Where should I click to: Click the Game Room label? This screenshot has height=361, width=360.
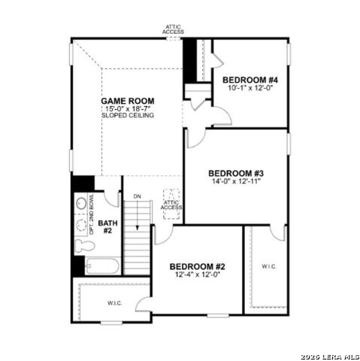point(129,100)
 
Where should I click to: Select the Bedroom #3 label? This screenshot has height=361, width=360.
point(234,173)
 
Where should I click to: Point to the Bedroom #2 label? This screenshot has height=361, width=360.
point(197,266)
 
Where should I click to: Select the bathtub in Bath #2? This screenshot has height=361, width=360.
point(101,265)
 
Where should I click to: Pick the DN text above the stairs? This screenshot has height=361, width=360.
point(137,197)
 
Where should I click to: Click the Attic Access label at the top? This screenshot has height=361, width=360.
point(174,29)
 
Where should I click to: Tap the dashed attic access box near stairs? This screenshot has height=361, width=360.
point(172,204)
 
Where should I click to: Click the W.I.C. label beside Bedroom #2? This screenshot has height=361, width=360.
point(270,266)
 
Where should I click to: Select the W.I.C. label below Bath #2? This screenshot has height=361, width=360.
point(115,303)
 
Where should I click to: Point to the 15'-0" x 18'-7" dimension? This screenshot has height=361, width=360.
point(129,108)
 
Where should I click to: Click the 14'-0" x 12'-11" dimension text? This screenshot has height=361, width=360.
point(234,181)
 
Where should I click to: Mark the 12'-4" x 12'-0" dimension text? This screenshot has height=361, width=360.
point(197,275)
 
